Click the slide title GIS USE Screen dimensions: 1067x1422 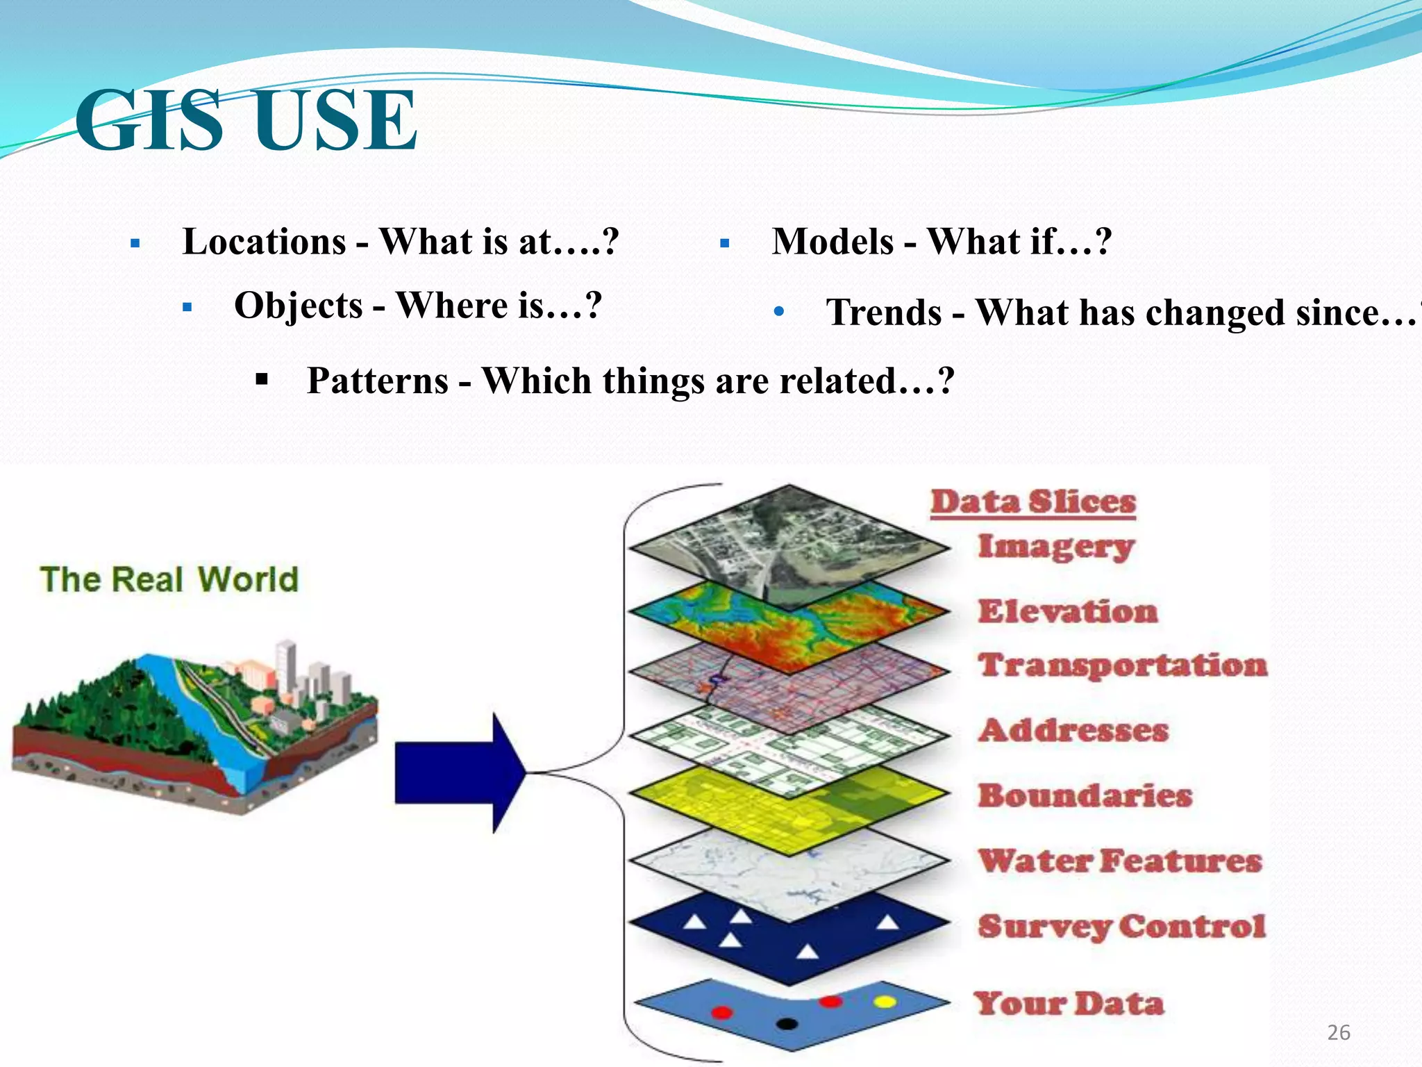(x=246, y=121)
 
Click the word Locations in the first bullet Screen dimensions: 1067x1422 (x=264, y=242)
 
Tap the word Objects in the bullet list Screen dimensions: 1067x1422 (x=299, y=306)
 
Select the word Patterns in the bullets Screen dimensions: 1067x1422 (x=378, y=381)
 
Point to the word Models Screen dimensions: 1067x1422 (x=833, y=242)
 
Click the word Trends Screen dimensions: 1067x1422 (x=883, y=313)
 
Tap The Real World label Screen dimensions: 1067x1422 (x=169, y=580)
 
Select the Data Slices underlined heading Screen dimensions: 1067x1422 (x=1033, y=502)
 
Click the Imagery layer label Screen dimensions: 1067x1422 (x=1055, y=547)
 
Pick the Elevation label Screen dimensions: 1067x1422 (x=1068, y=611)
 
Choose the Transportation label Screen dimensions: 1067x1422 (x=1122, y=665)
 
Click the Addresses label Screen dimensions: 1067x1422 (x=1073, y=730)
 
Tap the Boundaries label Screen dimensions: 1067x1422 (x=1085, y=795)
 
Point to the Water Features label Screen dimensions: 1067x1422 (x=1119, y=861)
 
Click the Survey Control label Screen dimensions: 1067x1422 (x=1121, y=926)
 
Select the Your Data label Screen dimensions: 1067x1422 (x=1068, y=1004)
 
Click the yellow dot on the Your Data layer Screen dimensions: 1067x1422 (x=885, y=1002)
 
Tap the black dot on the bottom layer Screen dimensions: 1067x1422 (x=786, y=1023)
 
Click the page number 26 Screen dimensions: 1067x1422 (x=1338, y=1033)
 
